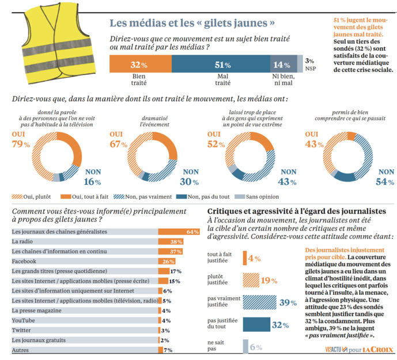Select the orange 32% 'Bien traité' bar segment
(x=138, y=65)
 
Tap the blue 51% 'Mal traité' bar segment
(x=219, y=65)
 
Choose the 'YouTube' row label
(x=24, y=320)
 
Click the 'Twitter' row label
(x=22, y=330)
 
